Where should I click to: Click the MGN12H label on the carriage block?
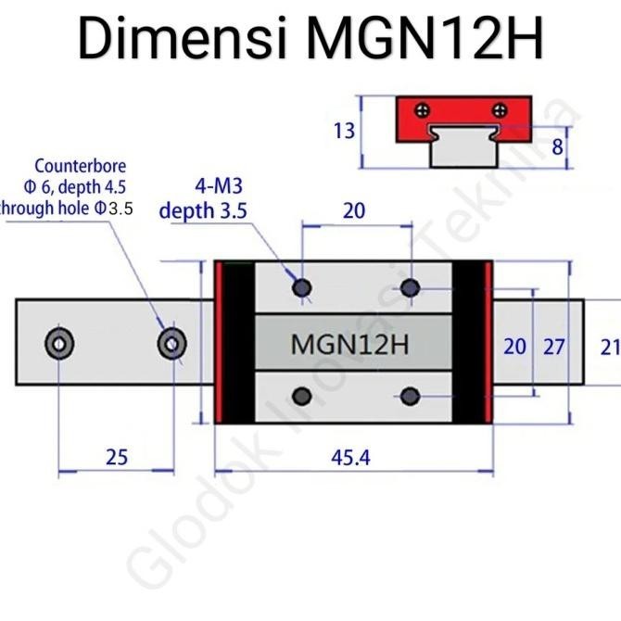pyautogui.click(x=349, y=344)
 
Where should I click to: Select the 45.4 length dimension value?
pyautogui.click(x=349, y=457)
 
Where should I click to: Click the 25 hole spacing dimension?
pyautogui.click(x=117, y=457)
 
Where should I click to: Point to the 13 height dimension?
pyautogui.click(x=344, y=132)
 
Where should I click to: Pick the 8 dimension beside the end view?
pyautogui.click(x=556, y=146)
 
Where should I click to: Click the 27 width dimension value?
pyautogui.click(x=553, y=347)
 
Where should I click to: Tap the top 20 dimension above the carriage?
pyautogui.click(x=353, y=211)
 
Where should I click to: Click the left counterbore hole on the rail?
pyautogui.click(x=58, y=344)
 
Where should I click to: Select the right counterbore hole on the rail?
pyautogui.click(x=171, y=344)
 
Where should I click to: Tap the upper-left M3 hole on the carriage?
pyautogui.click(x=301, y=288)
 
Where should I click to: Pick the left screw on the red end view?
pyautogui.click(x=425, y=109)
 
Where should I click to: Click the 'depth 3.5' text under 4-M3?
pyautogui.click(x=203, y=211)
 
